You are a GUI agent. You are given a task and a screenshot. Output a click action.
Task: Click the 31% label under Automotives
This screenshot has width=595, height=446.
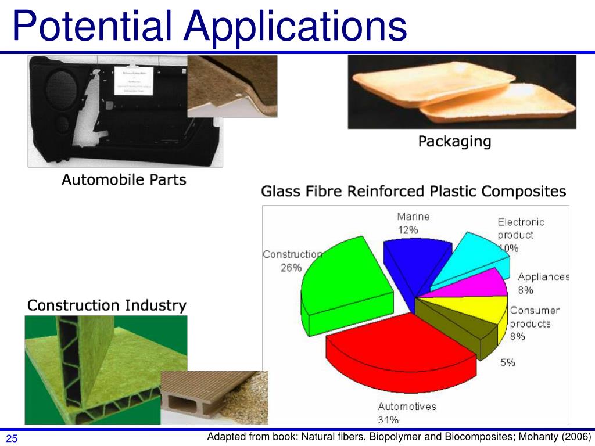pos(389,419)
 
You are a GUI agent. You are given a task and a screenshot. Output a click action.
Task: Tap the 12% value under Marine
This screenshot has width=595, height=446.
pos(408,230)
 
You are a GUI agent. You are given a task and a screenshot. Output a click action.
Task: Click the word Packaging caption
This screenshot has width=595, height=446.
pos(454,141)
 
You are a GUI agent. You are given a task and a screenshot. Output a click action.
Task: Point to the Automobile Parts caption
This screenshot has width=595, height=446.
pos(124,179)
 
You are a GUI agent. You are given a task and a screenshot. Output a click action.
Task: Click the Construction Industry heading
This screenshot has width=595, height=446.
pos(107,305)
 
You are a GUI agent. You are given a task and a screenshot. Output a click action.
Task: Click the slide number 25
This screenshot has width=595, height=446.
pos(12,438)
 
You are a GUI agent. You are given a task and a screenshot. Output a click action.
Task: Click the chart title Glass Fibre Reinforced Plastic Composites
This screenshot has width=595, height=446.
pos(413,191)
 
